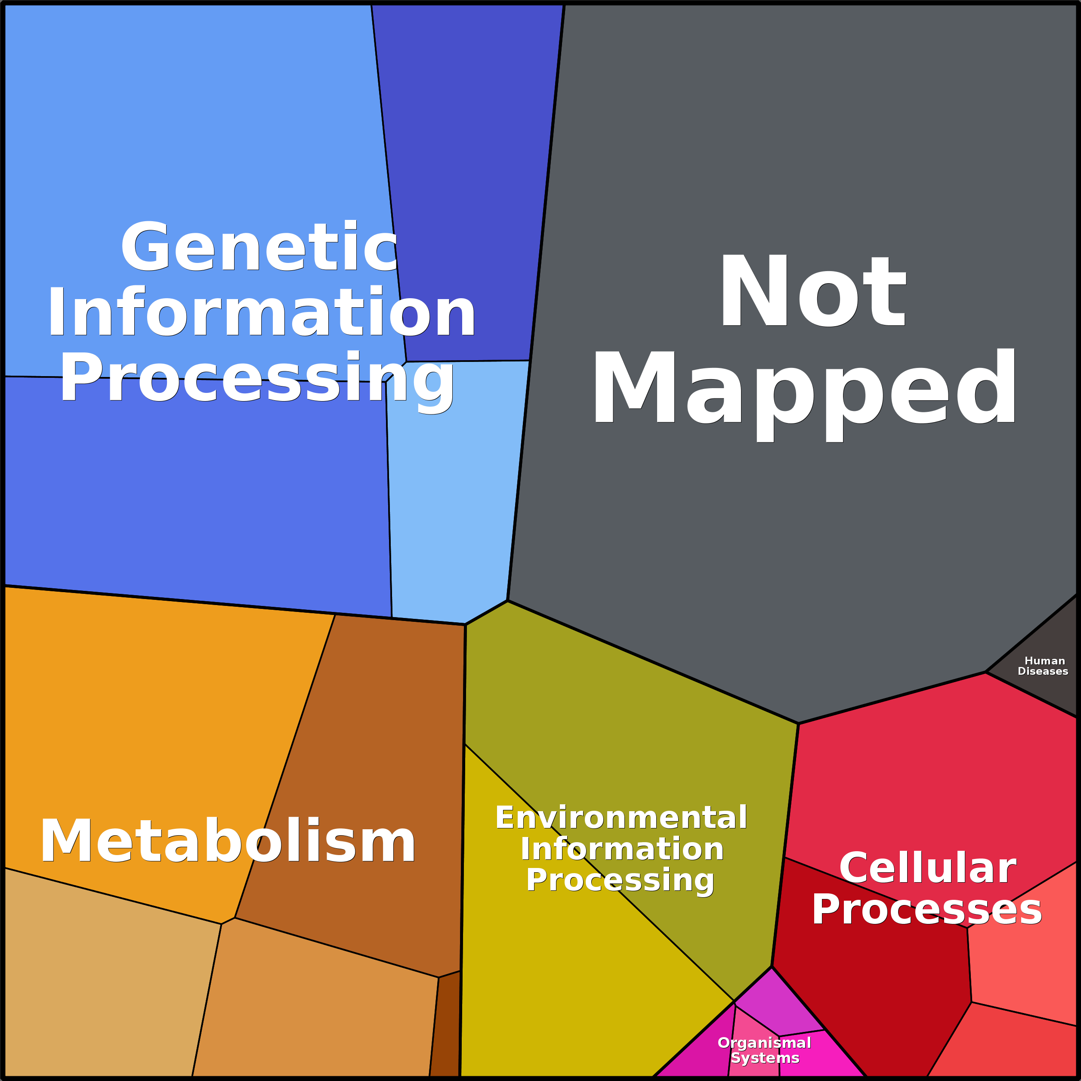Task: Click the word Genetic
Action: point(259,247)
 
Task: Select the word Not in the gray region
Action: point(812,291)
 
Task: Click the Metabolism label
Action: point(228,841)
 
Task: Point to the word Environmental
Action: point(621,818)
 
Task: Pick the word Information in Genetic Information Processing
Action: point(261,312)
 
